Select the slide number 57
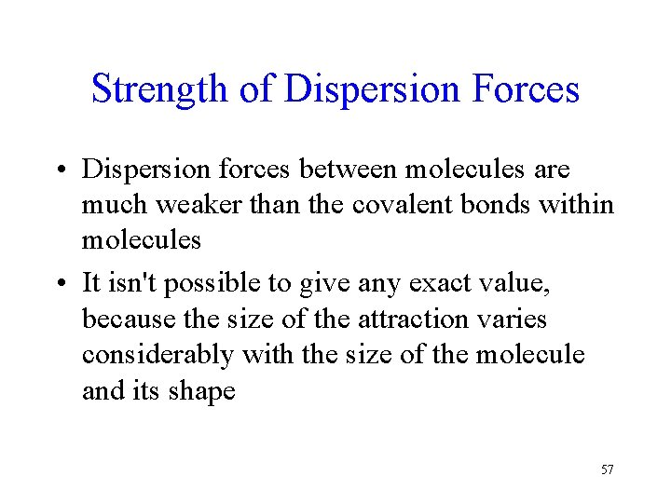point(607,469)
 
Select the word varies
point(513,319)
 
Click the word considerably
point(157,356)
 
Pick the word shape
point(202,391)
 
